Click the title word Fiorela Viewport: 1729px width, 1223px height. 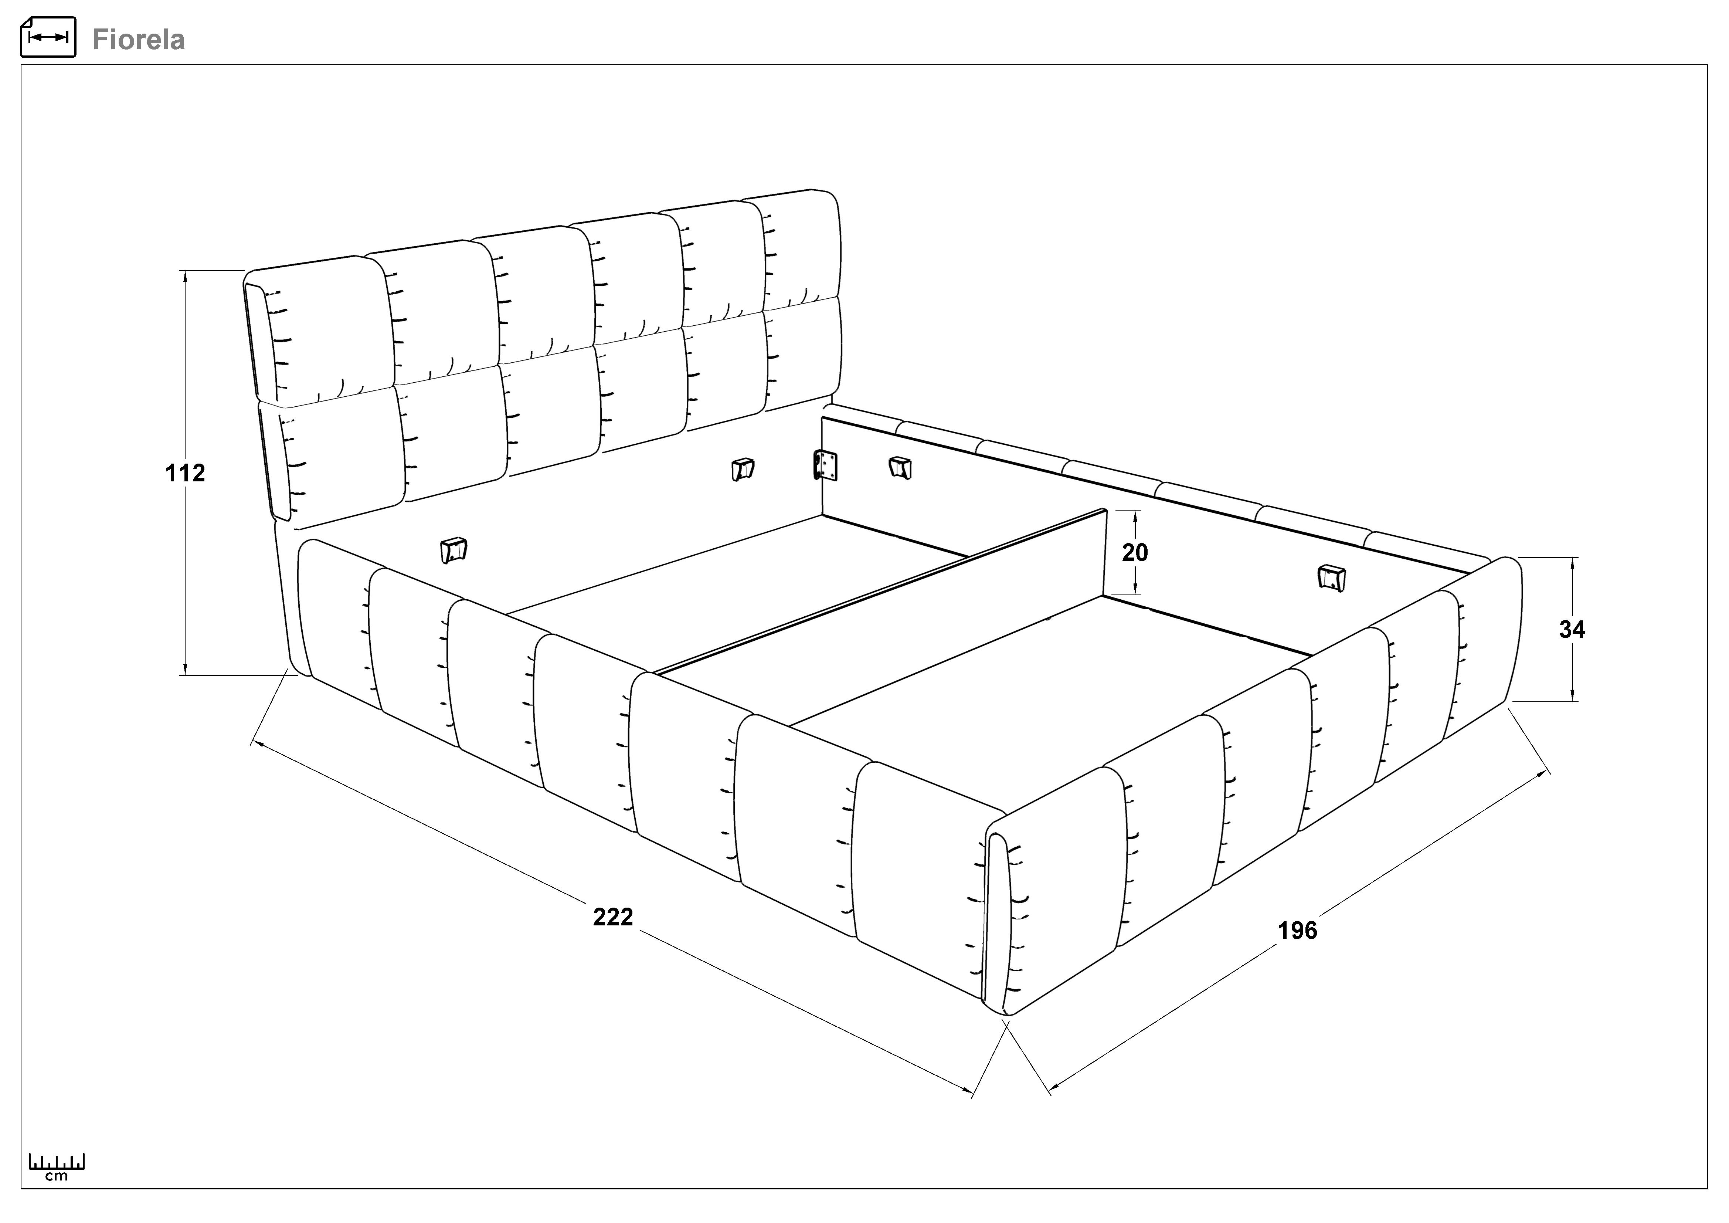pyautogui.click(x=139, y=39)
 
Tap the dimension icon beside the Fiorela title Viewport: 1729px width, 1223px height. pyautogui.click(x=48, y=37)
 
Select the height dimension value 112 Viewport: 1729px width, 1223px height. pyautogui.click(x=185, y=473)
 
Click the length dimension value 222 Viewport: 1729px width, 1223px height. pyautogui.click(x=613, y=917)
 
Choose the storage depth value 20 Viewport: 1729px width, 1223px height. pyautogui.click(x=1135, y=553)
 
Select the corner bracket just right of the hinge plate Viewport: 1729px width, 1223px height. pyautogui.click(x=901, y=467)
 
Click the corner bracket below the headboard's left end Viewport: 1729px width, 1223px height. pyautogui.click(x=454, y=550)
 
